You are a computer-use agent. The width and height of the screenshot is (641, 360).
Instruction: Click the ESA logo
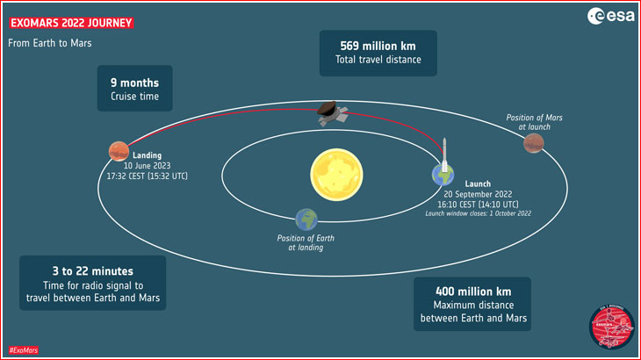click(611, 17)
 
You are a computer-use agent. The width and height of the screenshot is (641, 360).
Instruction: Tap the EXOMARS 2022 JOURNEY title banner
click(71, 23)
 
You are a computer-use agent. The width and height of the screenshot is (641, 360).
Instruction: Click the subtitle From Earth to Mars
click(50, 43)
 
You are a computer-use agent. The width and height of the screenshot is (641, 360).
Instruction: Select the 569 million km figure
click(378, 46)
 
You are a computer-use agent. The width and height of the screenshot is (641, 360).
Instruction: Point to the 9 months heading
click(134, 83)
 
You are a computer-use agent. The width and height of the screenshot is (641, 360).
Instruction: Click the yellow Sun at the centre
click(336, 175)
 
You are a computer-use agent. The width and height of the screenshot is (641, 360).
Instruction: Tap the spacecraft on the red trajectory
click(333, 113)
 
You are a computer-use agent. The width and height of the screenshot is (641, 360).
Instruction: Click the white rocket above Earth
click(444, 155)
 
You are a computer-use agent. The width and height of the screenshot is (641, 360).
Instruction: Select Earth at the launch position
click(443, 176)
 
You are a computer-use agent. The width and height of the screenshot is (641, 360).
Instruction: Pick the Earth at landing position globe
click(306, 220)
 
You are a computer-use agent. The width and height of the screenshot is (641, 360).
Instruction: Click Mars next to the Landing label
click(119, 151)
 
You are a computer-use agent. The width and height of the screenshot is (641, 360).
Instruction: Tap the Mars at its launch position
click(534, 143)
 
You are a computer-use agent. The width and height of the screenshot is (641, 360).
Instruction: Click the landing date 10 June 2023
click(148, 165)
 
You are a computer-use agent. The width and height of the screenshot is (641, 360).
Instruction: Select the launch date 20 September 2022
click(478, 194)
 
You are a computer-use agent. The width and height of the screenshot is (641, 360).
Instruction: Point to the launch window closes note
click(479, 213)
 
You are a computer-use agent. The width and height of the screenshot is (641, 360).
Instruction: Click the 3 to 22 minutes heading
click(93, 271)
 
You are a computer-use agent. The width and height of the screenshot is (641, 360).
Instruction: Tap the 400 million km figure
click(473, 292)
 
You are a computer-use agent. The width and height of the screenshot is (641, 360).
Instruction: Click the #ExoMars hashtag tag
click(24, 350)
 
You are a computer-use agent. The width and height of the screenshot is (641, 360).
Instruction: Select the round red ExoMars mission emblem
click(611, 327)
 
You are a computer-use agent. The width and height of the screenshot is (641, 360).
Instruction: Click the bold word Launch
click(478, 184)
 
